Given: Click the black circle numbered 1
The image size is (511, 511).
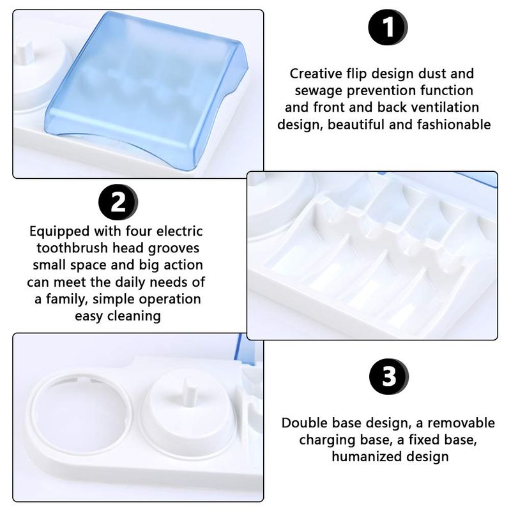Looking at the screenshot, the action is click(388, 27).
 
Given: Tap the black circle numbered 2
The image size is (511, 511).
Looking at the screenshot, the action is click(118, 202).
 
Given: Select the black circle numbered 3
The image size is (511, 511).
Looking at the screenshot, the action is click(388, 377).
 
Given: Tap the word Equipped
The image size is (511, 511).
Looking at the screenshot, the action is click(59, 232).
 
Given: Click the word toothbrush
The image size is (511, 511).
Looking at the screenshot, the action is click(72, 248).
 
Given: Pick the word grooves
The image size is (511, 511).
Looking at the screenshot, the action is click(174, 249).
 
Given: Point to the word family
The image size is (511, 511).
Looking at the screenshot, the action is click(67, 300).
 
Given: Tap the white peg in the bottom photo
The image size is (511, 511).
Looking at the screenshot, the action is click(188, 392).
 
